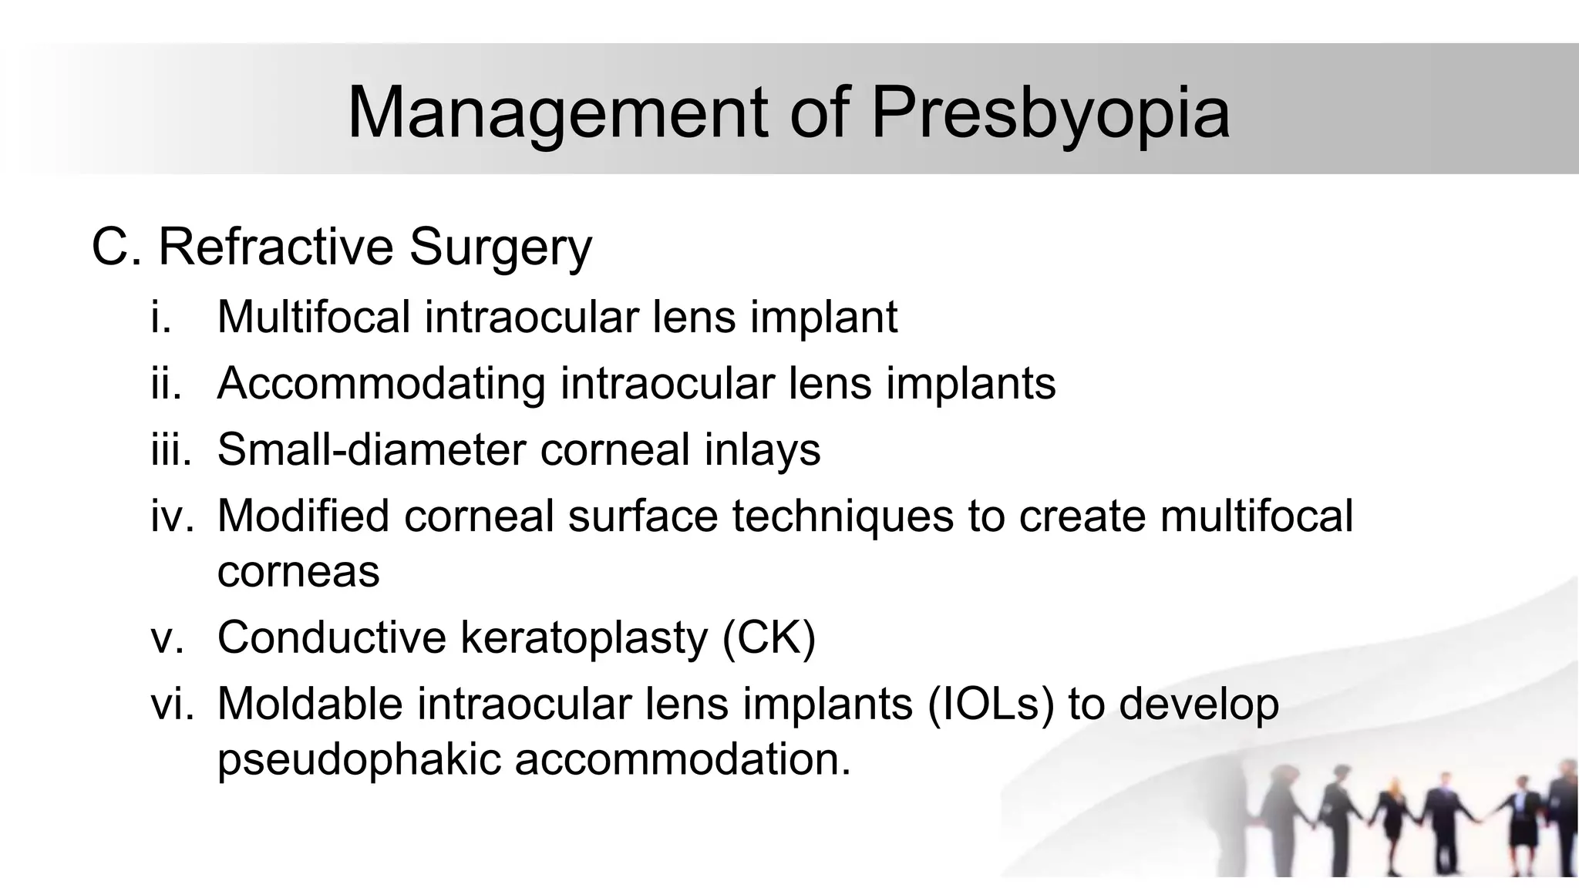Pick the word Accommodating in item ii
tap(381, 383)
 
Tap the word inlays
tap(762, 451)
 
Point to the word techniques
tap(843, 516)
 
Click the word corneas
tap(298, 571)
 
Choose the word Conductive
tap(332, 637)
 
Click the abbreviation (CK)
tap(769, 638)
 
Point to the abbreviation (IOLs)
tap(991, 705)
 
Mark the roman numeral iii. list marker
tap(170, 449)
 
